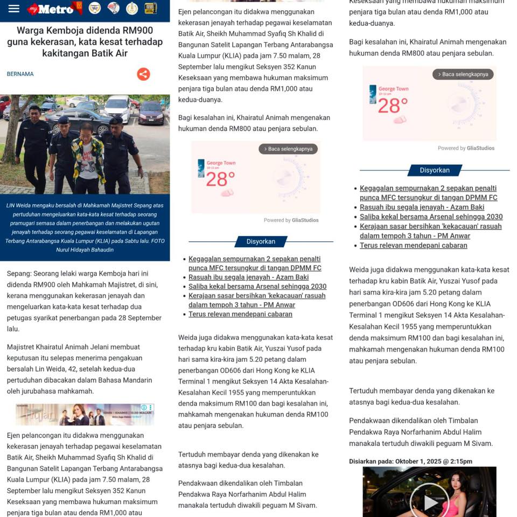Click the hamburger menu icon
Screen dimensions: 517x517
[14, 9]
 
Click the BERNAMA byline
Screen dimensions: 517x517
[20, 74]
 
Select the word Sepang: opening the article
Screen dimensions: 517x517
[19, 274]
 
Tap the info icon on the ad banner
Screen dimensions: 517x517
[144, 408]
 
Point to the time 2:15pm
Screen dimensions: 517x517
[460, 461]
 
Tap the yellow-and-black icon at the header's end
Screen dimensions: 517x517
[151, 8]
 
